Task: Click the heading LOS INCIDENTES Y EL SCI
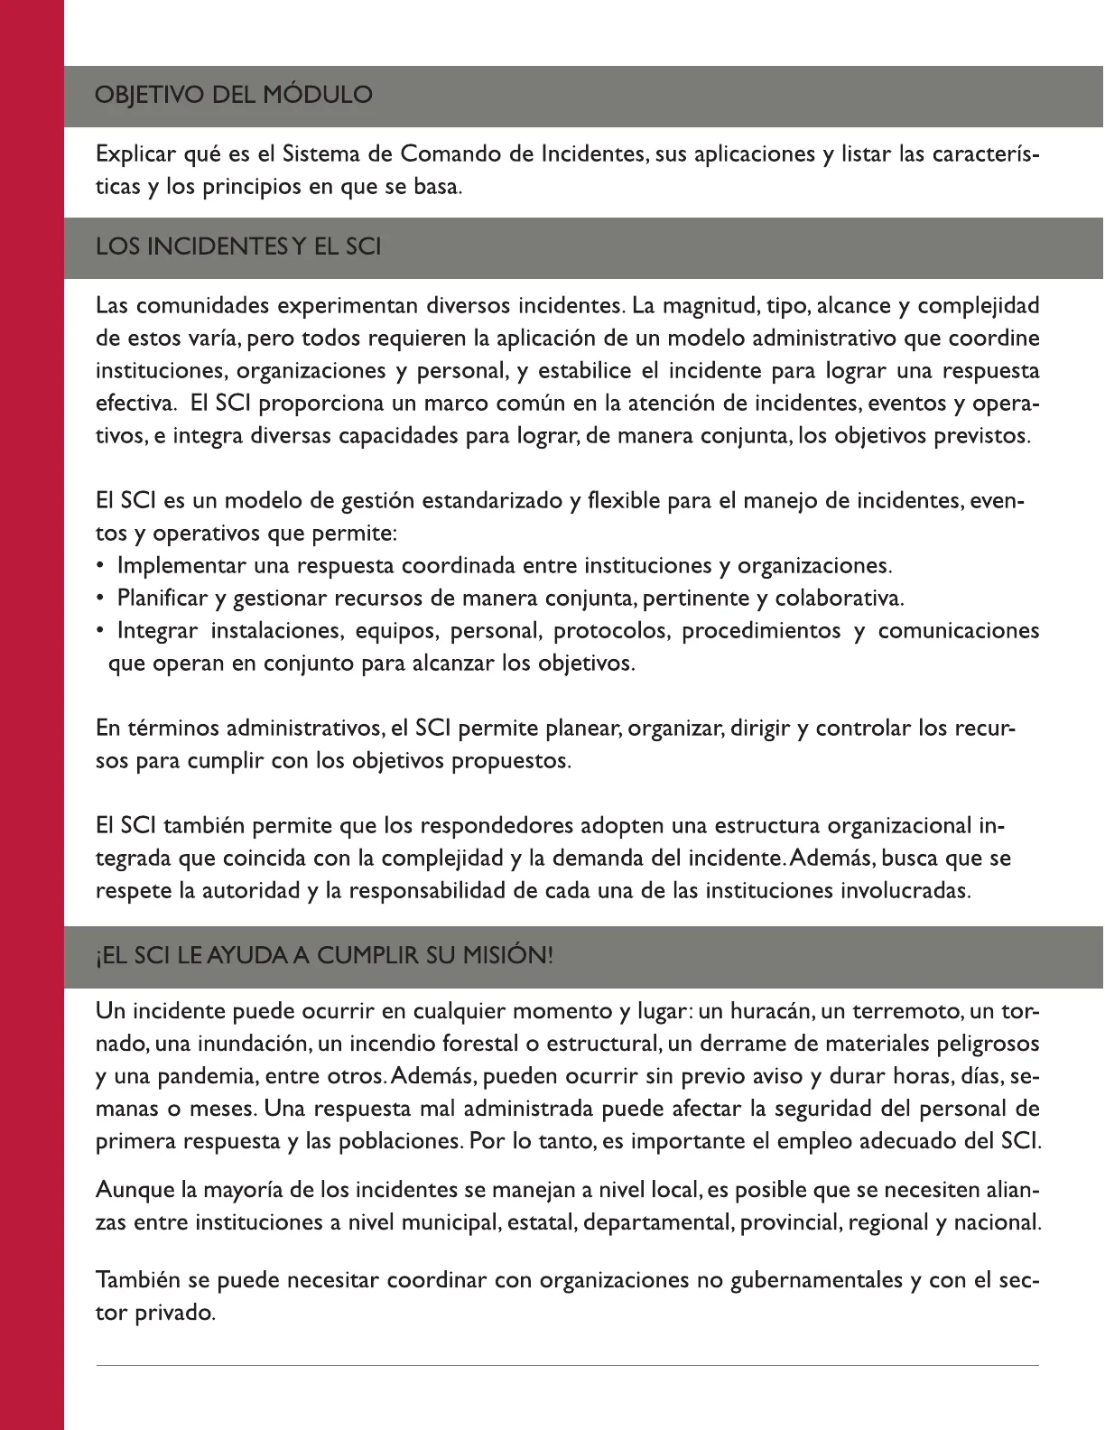[238, 246]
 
